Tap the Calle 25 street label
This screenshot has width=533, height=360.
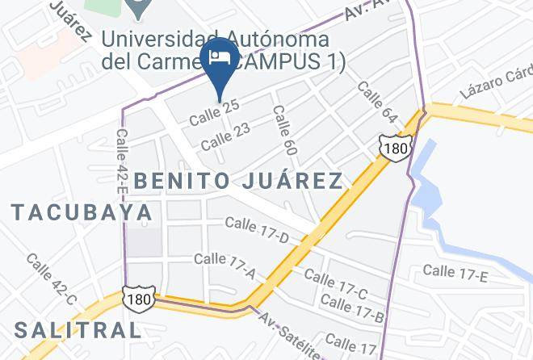[215, 113]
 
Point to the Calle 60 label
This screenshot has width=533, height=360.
[283, 129]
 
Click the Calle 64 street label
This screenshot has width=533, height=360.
[376, 102]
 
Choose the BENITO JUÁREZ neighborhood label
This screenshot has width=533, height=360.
[238, 180]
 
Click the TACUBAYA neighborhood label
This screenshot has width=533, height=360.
[82, 212]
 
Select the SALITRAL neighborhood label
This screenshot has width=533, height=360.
[78, 329]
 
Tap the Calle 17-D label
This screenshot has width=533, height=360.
[257, 229]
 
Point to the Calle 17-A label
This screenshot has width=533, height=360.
[225, 266]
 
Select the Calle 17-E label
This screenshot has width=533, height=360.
[455, 273]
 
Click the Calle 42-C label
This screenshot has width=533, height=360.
[51, 279]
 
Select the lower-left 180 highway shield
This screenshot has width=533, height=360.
[137, 297]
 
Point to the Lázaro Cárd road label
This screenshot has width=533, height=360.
[496, 86]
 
